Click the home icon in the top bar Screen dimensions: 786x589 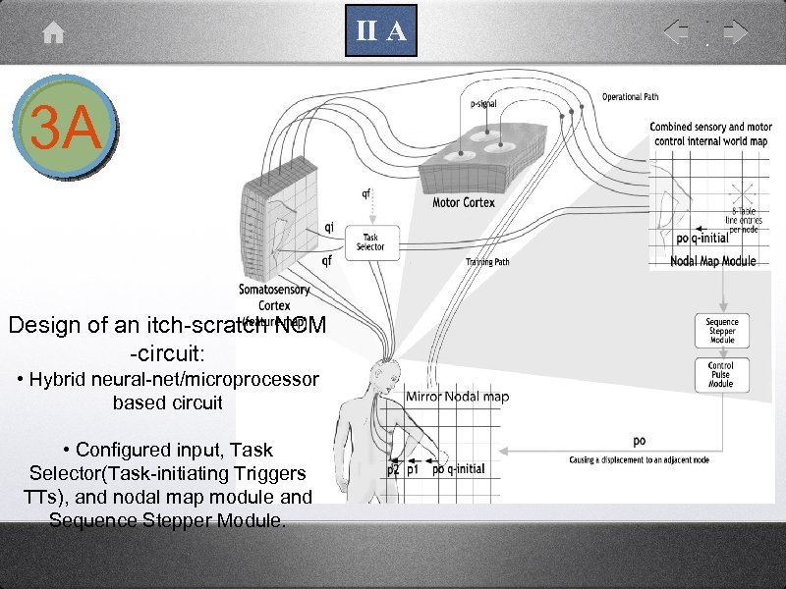(54, 33)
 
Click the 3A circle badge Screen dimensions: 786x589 (66, 129)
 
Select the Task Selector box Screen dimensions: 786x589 (372, 241)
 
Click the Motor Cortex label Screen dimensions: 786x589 (464, 203)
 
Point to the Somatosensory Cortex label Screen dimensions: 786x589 (274, 297)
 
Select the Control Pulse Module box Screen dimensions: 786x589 (721, 375)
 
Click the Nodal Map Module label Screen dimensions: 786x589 (713, 261)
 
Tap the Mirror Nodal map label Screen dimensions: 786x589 (458, 397)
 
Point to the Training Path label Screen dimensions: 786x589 (487, 262)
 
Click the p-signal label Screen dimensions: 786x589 (483, 102)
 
